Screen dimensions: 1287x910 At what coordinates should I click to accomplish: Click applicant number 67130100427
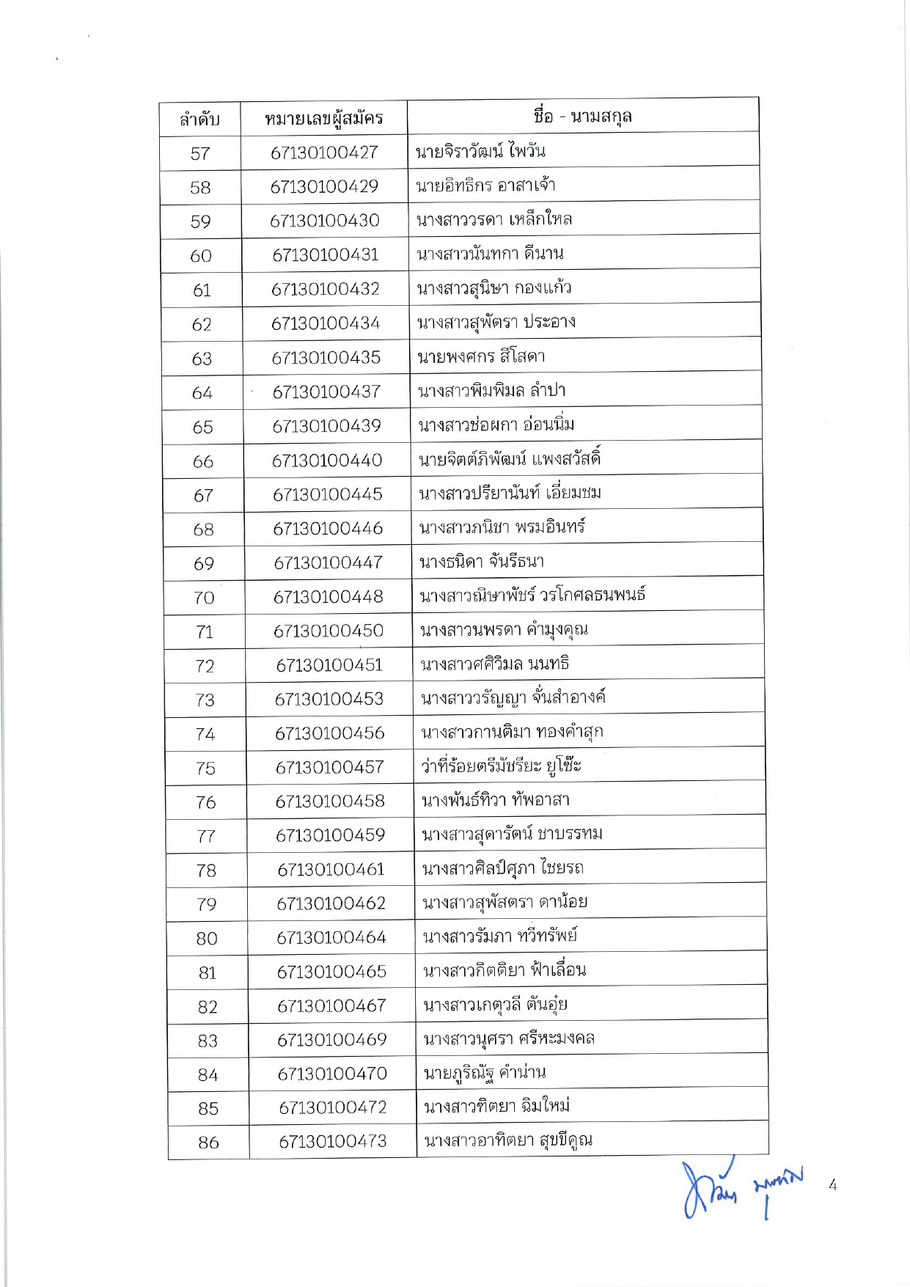click(324, 153)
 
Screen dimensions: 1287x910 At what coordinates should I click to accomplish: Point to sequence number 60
click(201, 256)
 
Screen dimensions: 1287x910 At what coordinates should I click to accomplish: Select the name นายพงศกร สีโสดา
click(481, 357)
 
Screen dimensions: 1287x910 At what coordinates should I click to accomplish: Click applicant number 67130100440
click(327, 461)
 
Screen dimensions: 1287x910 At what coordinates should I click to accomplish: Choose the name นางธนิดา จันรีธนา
click(482, 562)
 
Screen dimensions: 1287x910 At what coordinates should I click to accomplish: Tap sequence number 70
click(204, 598)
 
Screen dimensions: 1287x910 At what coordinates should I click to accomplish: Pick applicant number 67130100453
click(329, 699)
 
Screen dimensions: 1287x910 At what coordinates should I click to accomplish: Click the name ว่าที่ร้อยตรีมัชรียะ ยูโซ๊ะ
click(502, 766)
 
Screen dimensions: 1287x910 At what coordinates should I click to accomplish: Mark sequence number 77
click(206, 836)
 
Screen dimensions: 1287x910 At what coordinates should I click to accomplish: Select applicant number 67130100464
click(331, 937)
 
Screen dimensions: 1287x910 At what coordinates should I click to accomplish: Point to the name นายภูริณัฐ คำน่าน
click(485, 1074)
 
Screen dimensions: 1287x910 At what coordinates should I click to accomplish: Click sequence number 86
click(208, 1142)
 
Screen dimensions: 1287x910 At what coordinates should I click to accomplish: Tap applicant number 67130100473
click(333, 1141)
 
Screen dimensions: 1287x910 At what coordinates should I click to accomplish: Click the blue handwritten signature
click(741, 1189)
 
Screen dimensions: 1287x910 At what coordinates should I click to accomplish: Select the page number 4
click(832, 1184)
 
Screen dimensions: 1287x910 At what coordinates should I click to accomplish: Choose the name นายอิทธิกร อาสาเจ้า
click(485, 186)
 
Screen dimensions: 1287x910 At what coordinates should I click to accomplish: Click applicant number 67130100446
click(328, 528)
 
